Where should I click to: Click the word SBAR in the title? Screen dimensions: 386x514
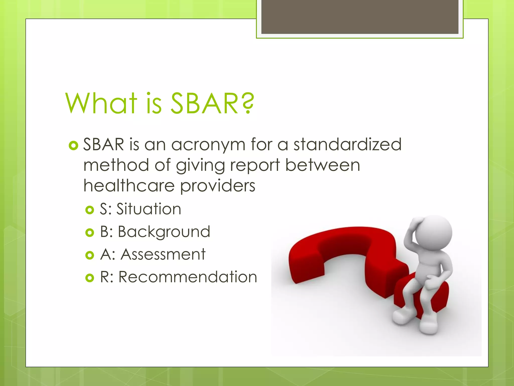coord(204,104)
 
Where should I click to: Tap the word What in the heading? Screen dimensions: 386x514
coord(101,104)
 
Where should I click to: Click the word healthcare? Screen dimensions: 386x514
coord(129,186)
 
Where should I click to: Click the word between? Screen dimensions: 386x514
coord(323,165)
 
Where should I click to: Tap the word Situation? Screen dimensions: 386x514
coord(149,209)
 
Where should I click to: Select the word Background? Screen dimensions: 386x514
coord(164,232)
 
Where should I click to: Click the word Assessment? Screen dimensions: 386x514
coord(163,254)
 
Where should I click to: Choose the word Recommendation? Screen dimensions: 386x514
coord(188,277)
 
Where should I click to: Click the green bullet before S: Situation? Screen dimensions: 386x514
coord(90,210)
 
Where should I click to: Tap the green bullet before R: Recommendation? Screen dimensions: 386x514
coord(90,278)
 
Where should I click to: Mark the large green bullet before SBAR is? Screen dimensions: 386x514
coord(73,146)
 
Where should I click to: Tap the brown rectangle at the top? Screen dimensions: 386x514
coord(360,17)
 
